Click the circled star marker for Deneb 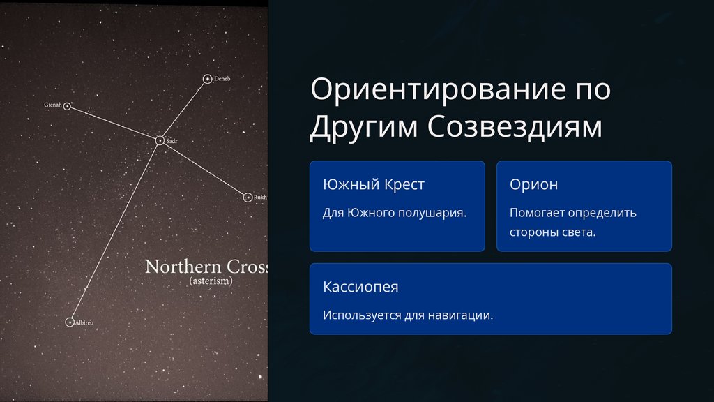tap(207, 79)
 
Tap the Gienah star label tap(53, 105)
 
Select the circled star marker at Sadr tap(160, 140)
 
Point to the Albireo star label tap(84, 322)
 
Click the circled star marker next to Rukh tap(248, 198)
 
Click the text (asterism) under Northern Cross tap(211, 281)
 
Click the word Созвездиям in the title tap(515, 126)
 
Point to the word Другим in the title tap(364, 126)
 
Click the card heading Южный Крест tap(374, 184)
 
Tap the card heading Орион tap(533, 184)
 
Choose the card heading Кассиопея tap(360, 287)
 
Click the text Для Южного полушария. tap(395, 213)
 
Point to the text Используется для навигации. tap(408, 315)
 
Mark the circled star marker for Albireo tap(70, 322)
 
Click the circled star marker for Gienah tap(67, 106)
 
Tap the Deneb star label tap(222, 79)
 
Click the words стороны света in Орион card tap(552, 232)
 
